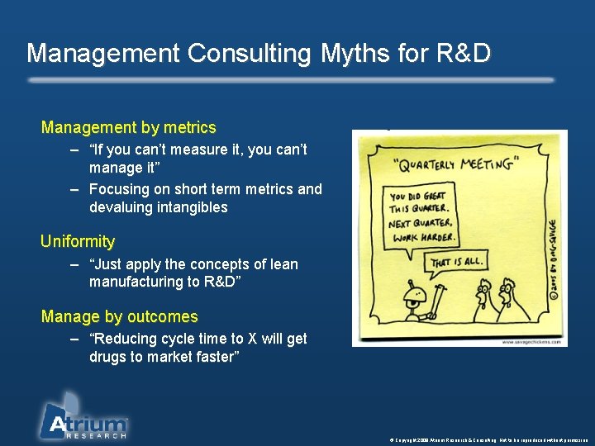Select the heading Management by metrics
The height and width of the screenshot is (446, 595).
[128, 127]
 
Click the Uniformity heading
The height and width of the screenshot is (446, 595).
[78, 241]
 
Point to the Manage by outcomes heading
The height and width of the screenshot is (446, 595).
[119, 316]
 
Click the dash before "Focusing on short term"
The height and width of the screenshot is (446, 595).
[75, 189]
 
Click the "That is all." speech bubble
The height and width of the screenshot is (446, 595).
[454, 263]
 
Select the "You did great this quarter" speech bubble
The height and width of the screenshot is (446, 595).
[421, 217]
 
